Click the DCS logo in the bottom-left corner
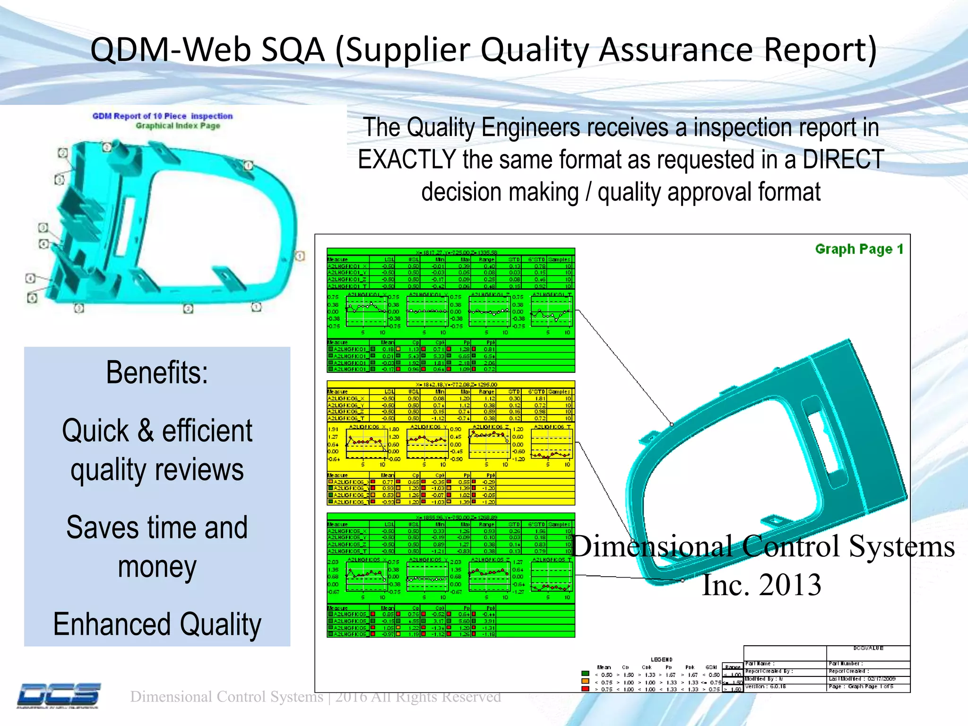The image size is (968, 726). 59,695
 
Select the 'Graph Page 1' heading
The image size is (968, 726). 859,249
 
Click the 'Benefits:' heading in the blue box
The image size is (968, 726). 157,372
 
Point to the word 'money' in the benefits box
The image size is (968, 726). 157,567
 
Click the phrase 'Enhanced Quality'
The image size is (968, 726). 157,624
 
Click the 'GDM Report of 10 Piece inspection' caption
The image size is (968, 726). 163,116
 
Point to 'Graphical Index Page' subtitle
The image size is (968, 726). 178,126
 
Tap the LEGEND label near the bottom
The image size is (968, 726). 661,659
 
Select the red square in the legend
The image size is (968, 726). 585,689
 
